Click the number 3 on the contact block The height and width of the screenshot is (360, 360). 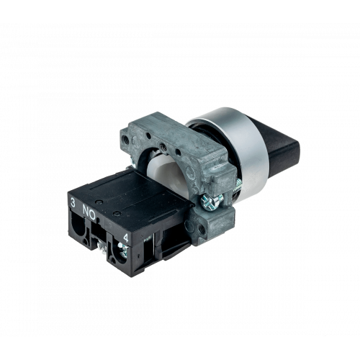(73, 203)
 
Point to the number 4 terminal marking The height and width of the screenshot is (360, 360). (126, 238)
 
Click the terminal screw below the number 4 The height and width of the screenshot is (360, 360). (122, 250)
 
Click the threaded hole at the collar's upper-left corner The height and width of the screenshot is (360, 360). (125, 138)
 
